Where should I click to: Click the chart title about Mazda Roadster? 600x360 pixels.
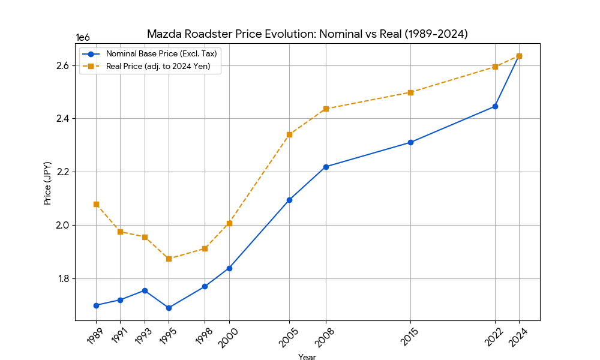(x=307, y=34)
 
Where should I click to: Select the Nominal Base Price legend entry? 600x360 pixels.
(x=161, y=53)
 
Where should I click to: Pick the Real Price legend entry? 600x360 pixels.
(x=158, y=66)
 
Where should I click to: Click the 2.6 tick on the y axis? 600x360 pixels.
(x=61, y=65)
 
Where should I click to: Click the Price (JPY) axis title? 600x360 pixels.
(x=47, y=183)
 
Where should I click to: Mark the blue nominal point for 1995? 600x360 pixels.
(x=169, y=308)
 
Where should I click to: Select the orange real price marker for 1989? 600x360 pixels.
(x=96, y=204)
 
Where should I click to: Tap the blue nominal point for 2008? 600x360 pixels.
(x=326, y=167)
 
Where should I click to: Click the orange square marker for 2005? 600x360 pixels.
(x=289, y=134)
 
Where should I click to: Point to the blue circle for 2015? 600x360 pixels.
(x=410, y=142)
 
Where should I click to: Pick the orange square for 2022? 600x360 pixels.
(x=495, y=67)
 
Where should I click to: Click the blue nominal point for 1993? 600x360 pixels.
(x=145, y=290)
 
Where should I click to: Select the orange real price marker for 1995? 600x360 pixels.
(x=169, y=259)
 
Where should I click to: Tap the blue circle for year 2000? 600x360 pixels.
(x=229, y=268)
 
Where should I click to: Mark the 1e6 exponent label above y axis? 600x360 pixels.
(x=82, y=37)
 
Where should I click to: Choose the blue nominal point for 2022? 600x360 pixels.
(x=495, y=106)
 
